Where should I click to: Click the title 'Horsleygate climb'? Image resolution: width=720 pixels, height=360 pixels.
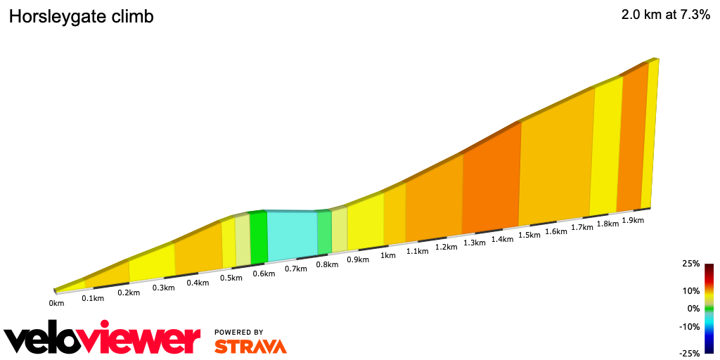pyautogui.click(x=80, y=17)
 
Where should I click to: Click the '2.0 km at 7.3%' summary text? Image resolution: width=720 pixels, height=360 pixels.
pyautogui.click(x=664, y=15)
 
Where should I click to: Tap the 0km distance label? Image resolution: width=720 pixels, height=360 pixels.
pyautogui.click(x=56, y=304)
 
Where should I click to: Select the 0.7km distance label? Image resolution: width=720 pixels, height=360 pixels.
pyautogui.click(x=296, y=269)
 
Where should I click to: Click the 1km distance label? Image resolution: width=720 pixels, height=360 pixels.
pyautogui.click(x=387, y=255)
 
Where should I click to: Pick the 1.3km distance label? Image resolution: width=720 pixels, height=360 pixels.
pyautogui.click(x=475, y=243)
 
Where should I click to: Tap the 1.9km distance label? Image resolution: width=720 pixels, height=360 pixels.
pyautogui.click(x=633, y=220)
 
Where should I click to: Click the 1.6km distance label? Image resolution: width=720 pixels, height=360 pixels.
pyautogui.click(x=555, y=231)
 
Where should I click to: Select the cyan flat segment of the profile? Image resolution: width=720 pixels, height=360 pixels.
pyautogui.click(x=292, y=233)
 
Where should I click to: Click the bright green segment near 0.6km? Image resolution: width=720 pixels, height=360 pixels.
pyautogui.click(x=259, y=238)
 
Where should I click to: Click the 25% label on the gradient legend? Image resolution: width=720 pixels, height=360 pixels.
pyautogui.click(x=690, y=264)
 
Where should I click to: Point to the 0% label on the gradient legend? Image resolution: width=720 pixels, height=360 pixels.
pyautogui.click(x=693, y=308)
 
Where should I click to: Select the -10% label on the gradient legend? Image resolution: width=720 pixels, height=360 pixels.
pyautogui.click(x=690, y=326)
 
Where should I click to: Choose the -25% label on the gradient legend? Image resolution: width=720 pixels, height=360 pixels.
pyautogui.click(x=690, y=353)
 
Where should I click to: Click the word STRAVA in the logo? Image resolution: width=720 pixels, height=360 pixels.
pyautogui.click(x=250, y=347)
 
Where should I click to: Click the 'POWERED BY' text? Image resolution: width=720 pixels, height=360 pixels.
pyautogui.click(x=239, y=332)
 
